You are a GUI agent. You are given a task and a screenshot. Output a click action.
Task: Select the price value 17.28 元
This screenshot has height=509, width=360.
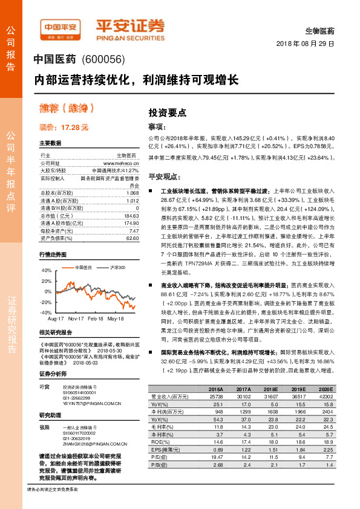point(75,128)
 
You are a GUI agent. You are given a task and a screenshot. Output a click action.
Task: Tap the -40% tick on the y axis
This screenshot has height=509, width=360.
point(45,312)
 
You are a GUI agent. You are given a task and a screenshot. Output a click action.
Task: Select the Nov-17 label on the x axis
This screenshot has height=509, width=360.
point(76,318)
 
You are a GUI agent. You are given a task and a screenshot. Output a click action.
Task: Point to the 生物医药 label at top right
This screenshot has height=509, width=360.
point(320,30)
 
